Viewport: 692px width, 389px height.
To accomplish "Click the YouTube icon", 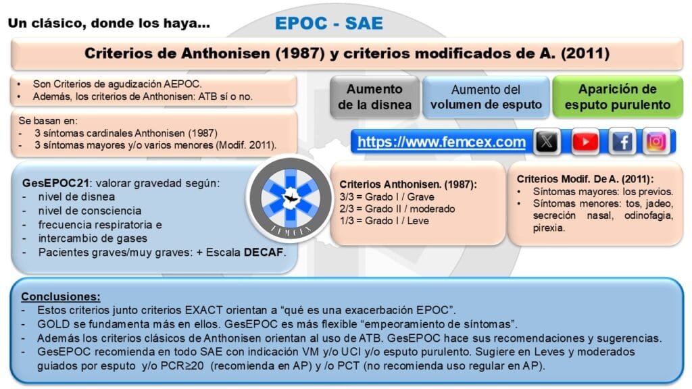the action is click(585, 142).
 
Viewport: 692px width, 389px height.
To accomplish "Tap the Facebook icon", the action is click(622, 142).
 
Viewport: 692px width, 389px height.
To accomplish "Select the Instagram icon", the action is click(656, 142).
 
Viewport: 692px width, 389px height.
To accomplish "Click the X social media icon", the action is click(547, 142).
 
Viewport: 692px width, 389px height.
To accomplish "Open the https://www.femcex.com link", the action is click(441, 142).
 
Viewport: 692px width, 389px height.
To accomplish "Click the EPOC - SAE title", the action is click(329, 24).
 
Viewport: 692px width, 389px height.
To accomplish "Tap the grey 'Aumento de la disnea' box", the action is click(374, 97).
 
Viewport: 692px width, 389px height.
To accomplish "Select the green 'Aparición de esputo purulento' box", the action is click(618, 97).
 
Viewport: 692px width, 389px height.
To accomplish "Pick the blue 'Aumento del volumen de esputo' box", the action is click(486, 97).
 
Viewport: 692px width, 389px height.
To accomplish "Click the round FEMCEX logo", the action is click(290, 199).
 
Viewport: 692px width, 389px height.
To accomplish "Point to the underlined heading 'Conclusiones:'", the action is click(61, 296).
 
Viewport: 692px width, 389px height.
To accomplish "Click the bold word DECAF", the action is click(264, 253).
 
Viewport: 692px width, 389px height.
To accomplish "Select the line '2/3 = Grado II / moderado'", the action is click(397, 209).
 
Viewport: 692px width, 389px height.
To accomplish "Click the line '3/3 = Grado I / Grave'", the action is click(387, 197).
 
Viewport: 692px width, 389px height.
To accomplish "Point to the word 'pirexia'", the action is click(548, 228).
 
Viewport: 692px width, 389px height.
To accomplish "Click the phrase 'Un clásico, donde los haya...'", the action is click(109, 24).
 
